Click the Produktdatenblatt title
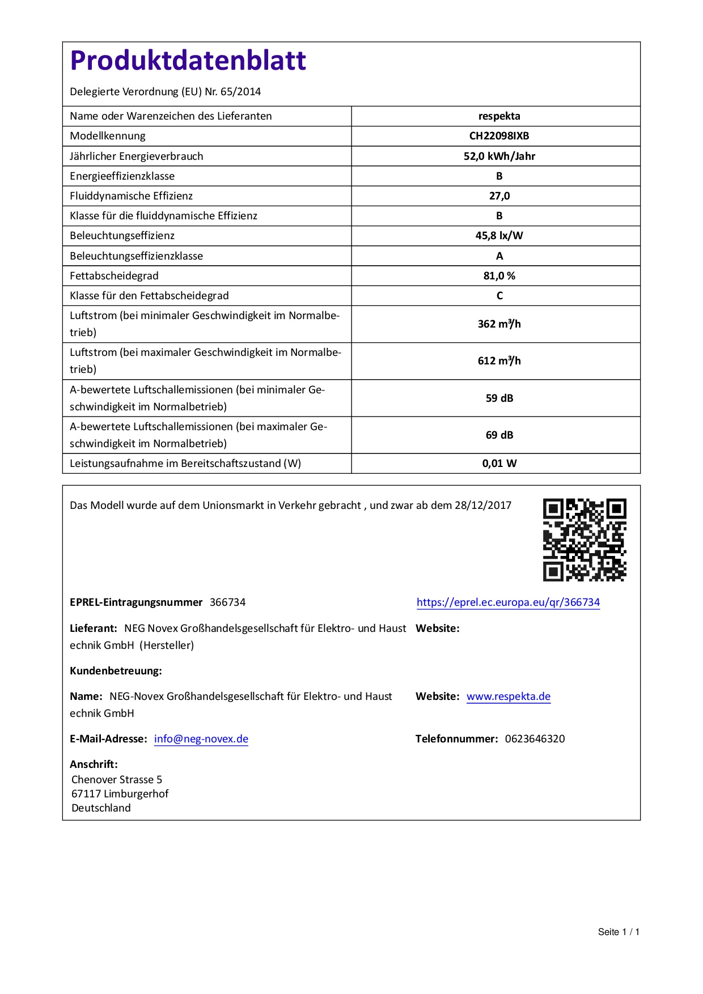coord(188,61)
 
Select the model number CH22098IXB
coord(499,136)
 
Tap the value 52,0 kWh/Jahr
coord(499,156)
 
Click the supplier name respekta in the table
coord(499,116)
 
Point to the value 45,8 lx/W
coord(499,236)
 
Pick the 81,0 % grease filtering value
coord(499,276)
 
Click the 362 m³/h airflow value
coord(499,324)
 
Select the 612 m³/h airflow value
coord(499,361)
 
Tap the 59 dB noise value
coord(499,398)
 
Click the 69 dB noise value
coord(499,435)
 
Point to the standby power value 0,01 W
coord(499,464)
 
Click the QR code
coord(585,540)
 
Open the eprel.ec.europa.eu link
coord(508,602)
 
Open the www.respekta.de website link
coord(509,696)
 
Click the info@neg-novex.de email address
coord(201,739)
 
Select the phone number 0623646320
coord(535,739)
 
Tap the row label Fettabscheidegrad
coord(114,276)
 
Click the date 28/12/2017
coord(483,506)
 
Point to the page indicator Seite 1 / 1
coord(619,932)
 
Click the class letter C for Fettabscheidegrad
coord(499,296)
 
